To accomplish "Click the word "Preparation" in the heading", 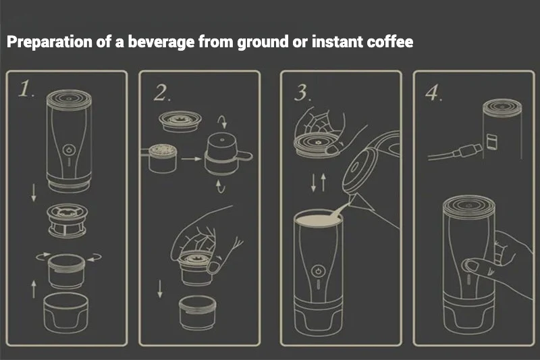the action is point(49,42).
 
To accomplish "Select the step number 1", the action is point(26,89).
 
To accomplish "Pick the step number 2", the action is point(161,93).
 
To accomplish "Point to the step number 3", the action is point(302,93).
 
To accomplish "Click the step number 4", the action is point(433,93).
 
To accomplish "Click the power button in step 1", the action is point(69,150).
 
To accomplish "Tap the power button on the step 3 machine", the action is point(318,271).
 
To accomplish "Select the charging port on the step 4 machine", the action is point(491,142).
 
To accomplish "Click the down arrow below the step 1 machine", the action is point(34,193).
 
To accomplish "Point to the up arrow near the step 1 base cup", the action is point(34,288).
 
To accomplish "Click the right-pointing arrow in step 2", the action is point(191,159).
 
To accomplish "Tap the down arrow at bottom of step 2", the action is point(160,288).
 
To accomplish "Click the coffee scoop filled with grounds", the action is point(160,158).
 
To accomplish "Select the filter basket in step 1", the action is point(67,221).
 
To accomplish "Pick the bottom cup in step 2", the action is point(198,313).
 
